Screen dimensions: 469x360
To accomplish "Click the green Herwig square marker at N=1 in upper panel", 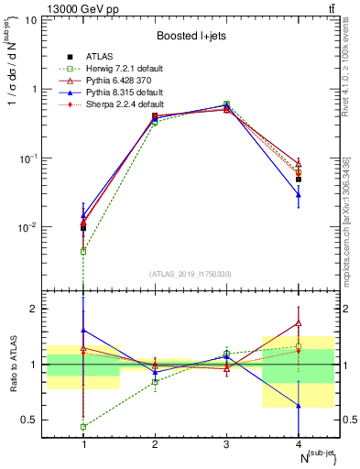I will tap(83, 251).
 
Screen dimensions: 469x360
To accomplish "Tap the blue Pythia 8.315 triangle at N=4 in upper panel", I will tap(299, 194).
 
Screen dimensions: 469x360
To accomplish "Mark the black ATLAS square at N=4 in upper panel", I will tap(299, 180).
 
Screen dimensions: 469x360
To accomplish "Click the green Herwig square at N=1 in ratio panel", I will tap(83, 427).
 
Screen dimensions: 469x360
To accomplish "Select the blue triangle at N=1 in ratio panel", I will tap(83, 330).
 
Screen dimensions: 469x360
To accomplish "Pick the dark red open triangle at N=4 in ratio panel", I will tap(299, 322).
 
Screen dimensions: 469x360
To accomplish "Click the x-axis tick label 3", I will tap(226, 444).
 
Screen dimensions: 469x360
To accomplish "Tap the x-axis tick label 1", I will tap(83, 444).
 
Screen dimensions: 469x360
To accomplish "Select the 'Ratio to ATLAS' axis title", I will tap(12, 365).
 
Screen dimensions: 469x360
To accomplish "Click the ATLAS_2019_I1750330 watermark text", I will tap(191, 273).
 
